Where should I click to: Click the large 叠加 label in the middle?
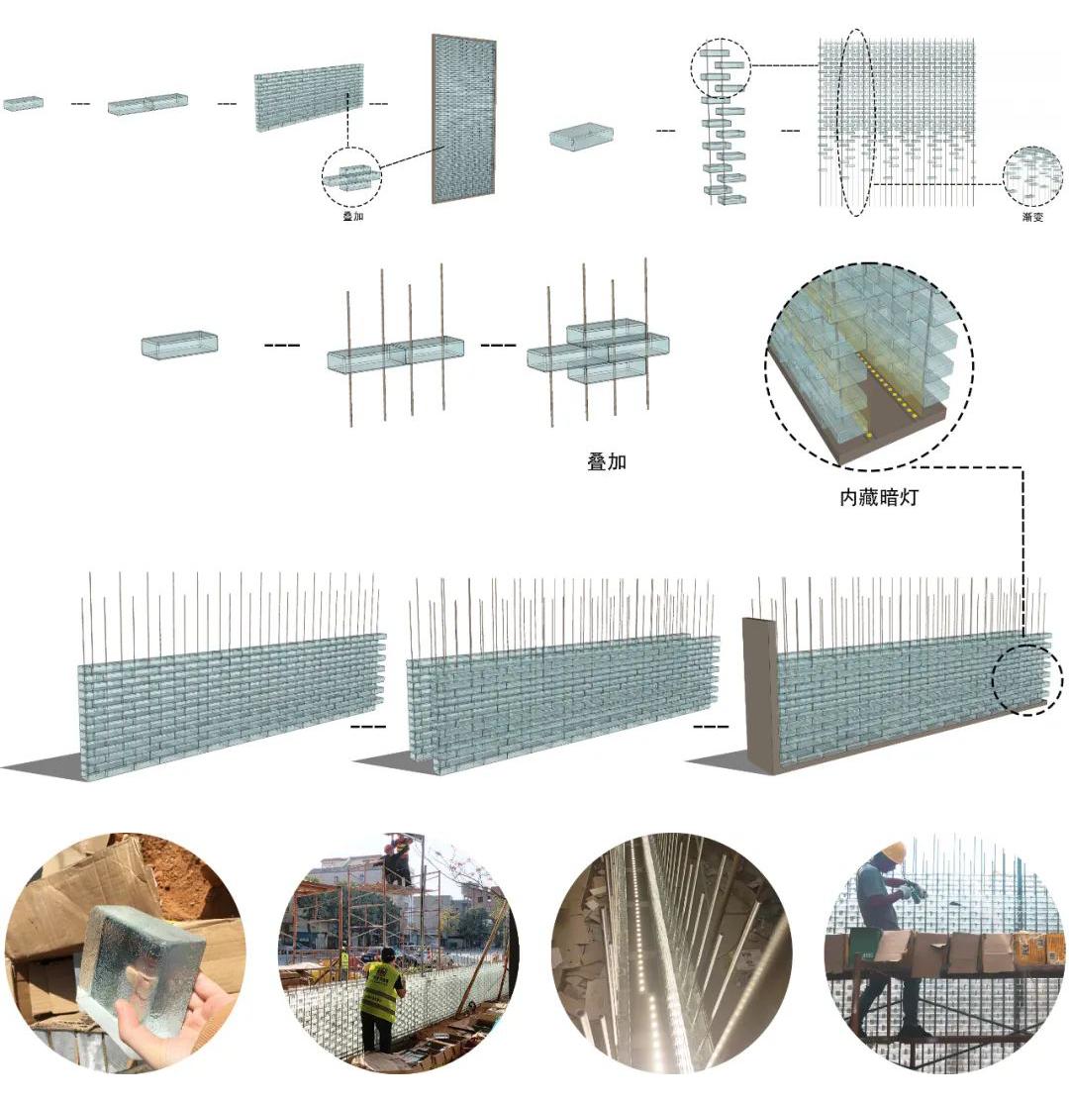[606, 461]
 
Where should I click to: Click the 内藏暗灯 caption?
[879, 498]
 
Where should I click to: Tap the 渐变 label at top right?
[1032, 217]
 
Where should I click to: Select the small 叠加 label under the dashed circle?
[352, 216]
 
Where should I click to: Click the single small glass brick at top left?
[23, 103]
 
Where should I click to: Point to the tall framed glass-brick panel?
[463, 120]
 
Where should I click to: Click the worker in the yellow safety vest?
[381, 999]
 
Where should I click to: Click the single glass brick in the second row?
[179, 345]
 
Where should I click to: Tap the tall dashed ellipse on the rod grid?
[857, 123]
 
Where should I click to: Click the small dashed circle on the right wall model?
[1026, 680]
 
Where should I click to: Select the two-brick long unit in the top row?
[148, 103]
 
